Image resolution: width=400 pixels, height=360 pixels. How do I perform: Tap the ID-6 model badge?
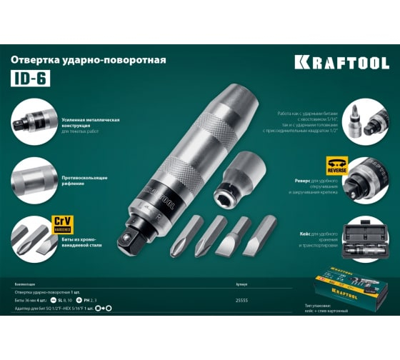point(28,79)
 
